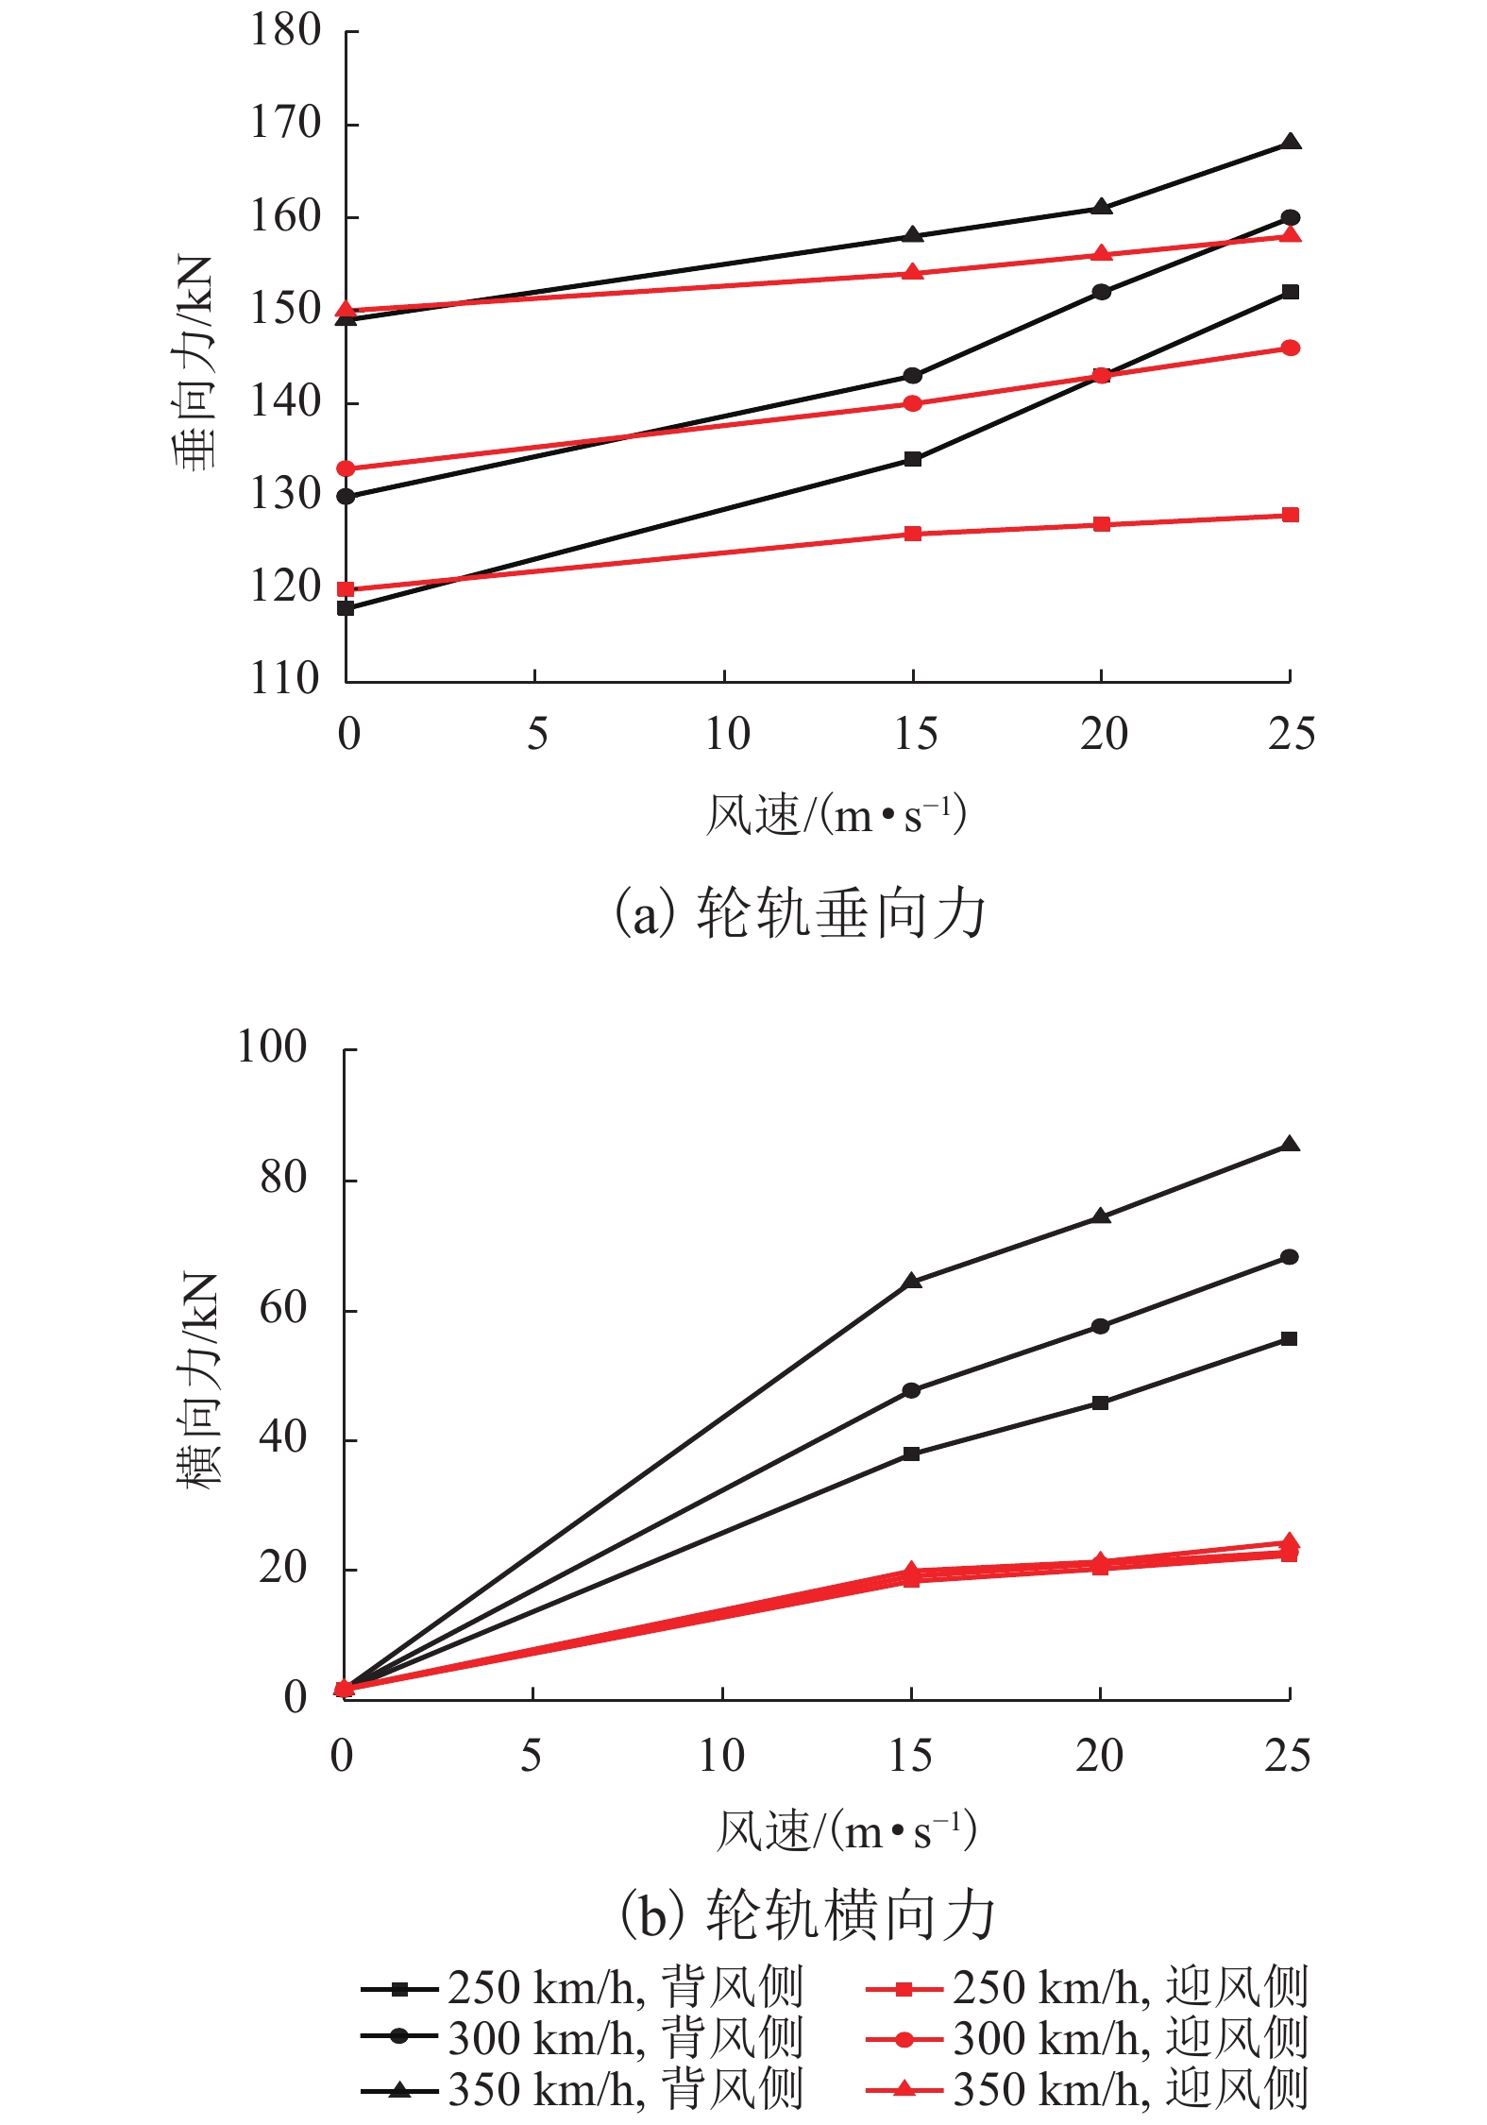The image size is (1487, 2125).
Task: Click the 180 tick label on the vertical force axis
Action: pos(285,30)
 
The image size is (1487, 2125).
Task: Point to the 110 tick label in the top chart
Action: pos(285,678)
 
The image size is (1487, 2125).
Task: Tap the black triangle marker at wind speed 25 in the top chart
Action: pos(1290,143)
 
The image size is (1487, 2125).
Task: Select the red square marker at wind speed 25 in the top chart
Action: pos(1290,515)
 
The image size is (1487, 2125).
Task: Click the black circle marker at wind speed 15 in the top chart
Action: pos(912,376)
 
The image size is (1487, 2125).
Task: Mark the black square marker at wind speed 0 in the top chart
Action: pos(346,608)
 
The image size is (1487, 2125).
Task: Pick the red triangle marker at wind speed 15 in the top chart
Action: pos(912,273)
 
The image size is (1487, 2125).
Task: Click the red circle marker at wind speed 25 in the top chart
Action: pos(1290,348)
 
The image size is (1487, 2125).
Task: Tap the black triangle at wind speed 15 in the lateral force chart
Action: pos(911,1282)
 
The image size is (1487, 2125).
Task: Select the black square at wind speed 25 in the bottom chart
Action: pos(1289,1338)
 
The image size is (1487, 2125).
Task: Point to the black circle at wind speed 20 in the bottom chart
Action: pos(1100,1326)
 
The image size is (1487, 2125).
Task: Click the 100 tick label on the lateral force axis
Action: pos(272,1047)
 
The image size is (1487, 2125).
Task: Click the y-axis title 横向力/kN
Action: pos(196,1380)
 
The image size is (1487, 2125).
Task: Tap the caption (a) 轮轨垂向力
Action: pos(799,913)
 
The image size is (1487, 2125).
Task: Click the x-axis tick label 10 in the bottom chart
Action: pos(721,1756)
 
